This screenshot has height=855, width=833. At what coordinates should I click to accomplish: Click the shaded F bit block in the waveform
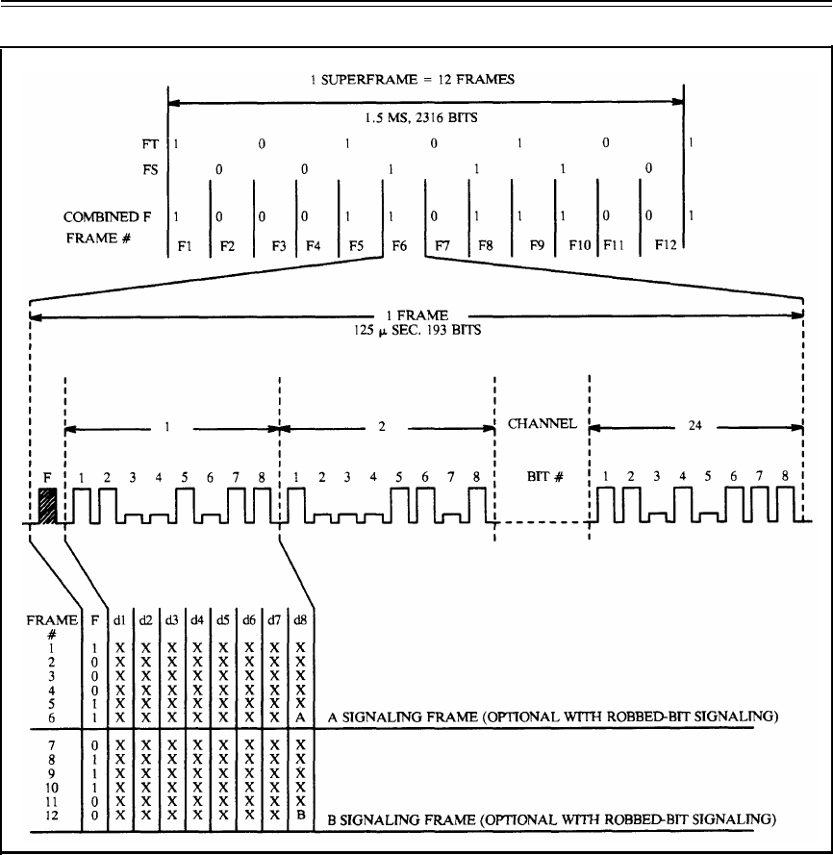coord(46,504)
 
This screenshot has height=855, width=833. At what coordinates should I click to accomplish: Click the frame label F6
coord(401,244)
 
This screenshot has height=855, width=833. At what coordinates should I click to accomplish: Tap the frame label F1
coord(187,244)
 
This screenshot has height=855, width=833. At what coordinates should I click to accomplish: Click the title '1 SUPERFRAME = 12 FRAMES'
coord(426,81)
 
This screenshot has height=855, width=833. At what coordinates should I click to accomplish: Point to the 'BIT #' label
coord(542,476)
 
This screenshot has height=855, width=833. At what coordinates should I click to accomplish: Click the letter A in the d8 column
coord(301,717)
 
